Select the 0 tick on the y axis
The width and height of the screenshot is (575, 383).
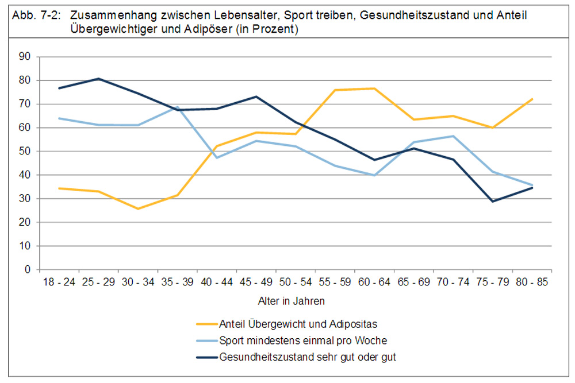27,269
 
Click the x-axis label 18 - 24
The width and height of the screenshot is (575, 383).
59,283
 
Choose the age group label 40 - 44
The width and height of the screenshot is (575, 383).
217,283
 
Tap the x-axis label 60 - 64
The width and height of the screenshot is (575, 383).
374,283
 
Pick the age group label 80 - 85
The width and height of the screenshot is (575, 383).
532,283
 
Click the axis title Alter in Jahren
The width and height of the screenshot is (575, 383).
295,301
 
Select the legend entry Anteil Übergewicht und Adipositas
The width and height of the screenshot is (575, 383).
298,324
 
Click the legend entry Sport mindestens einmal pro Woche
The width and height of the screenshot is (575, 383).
303,341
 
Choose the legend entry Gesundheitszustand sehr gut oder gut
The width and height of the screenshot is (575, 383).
308,357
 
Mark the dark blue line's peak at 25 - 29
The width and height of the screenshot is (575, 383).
98,79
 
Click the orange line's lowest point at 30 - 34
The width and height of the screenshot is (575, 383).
138,208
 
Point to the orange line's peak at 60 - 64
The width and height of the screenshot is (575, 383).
374,88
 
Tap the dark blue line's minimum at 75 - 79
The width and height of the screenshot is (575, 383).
493,202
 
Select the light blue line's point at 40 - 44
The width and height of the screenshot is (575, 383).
217,157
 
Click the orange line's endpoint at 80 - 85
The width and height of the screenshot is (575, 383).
532,99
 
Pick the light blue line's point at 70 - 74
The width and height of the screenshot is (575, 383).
453,136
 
